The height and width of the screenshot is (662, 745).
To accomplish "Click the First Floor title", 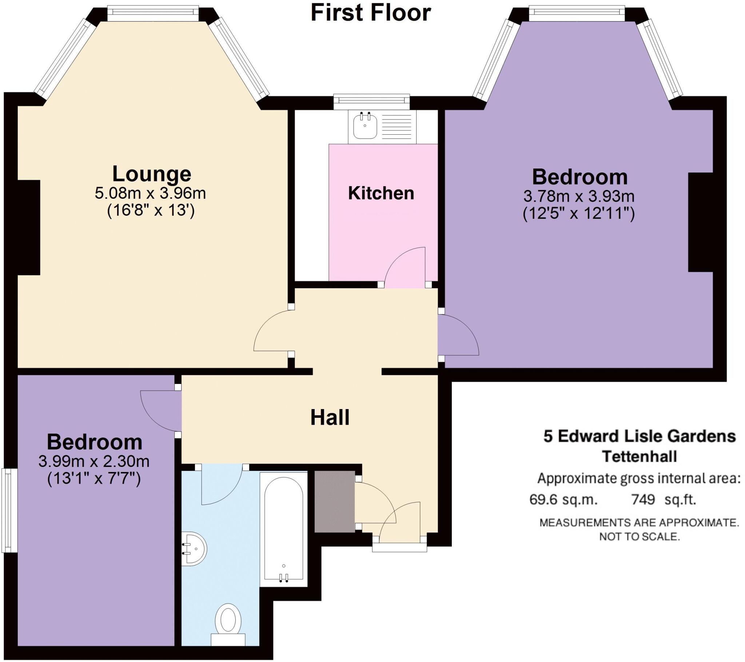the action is click(x=371, y=12).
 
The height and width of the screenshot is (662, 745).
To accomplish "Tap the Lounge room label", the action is click(x=152, y=174).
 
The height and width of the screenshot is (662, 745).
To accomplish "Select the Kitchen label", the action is click(x=381, y=193).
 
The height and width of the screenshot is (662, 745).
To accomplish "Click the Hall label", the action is click(x=330, y=417).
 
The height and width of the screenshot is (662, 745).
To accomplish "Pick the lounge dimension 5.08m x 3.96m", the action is click(x=151, y=193).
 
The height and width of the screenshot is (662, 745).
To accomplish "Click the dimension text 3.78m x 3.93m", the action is click(x=579, y=197).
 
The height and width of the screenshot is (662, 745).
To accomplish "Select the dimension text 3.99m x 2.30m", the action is click(x=94, y=462).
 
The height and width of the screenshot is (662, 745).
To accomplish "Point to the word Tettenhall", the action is click(x=640, y=456).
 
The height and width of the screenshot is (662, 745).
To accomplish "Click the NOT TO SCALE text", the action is click(x=640, y=537).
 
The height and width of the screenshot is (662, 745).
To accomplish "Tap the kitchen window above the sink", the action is click(x=372, y=102).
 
